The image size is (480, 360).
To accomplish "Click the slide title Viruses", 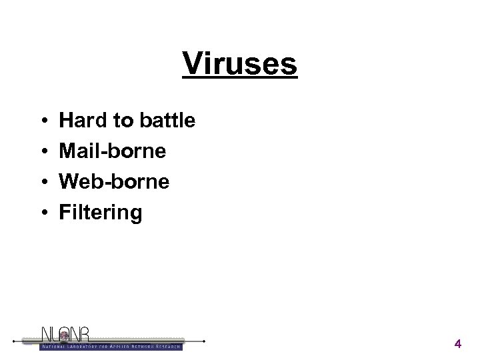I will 240,65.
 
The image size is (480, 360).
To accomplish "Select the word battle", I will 167,121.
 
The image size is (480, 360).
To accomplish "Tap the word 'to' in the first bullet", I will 122,121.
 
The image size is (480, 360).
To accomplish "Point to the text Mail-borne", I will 113,151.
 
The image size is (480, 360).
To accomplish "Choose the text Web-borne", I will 114,182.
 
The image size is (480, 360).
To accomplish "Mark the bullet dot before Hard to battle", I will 42,121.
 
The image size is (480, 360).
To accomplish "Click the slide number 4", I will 457,344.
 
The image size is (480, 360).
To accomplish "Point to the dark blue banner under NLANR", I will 111,346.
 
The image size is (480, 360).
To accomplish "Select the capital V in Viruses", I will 193,65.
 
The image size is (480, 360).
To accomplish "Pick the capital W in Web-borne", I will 70,182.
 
